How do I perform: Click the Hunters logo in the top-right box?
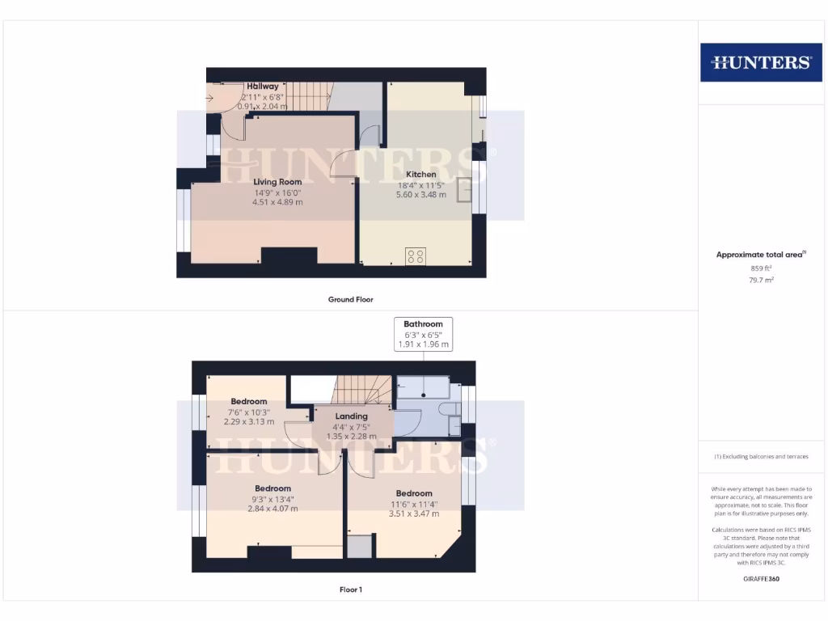coord(760,62)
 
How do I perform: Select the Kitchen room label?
coord(421,174)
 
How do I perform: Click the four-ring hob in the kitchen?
coord(416,256)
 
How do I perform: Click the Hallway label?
coord(263,87)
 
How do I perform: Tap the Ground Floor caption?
coord(350,299)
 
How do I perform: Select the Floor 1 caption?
coord(350,589)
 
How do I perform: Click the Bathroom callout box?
coord(423,334)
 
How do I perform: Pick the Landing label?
coord(351,416)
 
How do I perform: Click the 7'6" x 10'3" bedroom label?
coord(248,402)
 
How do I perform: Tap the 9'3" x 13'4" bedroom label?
coord(272,488)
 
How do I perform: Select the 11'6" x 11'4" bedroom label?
coord(414,493)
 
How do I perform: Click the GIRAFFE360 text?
coord(761,579)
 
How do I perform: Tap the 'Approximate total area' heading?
coord(759,255)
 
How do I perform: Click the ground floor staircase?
coord(308,96)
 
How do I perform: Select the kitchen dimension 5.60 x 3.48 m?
coord(421,194)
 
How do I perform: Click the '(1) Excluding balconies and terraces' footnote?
coord(761,457)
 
